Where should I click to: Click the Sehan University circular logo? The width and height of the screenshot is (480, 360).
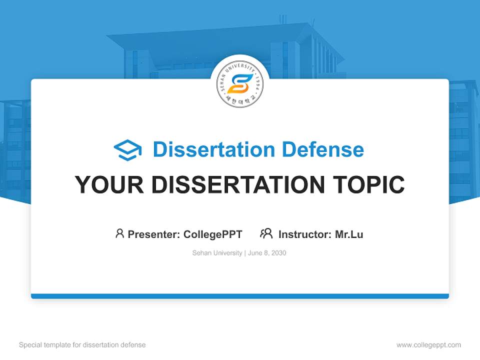click(x=240, y=84)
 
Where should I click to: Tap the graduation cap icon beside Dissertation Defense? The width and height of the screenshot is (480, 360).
click(x=127, y=150)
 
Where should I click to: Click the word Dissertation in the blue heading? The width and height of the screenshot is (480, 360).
click(x=213, y=149)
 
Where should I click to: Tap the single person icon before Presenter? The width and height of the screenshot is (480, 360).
click(x=119, y=233)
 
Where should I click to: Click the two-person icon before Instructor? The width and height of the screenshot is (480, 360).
click(x=266, y=233)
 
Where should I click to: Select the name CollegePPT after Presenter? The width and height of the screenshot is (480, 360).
click(x=213, y=234)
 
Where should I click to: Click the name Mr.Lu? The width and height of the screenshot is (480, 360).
click(x=349, y=234)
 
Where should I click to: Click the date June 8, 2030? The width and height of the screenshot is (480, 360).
click(x=267, y=253)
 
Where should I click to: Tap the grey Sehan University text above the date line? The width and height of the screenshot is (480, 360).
click(x=217, y=253)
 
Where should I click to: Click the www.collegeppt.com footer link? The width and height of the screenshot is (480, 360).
click(x=428, y=345)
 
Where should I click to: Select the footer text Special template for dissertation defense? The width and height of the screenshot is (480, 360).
click(x=82, y=345)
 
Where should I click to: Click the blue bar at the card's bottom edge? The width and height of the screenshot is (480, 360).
click(x=240, y=296)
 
